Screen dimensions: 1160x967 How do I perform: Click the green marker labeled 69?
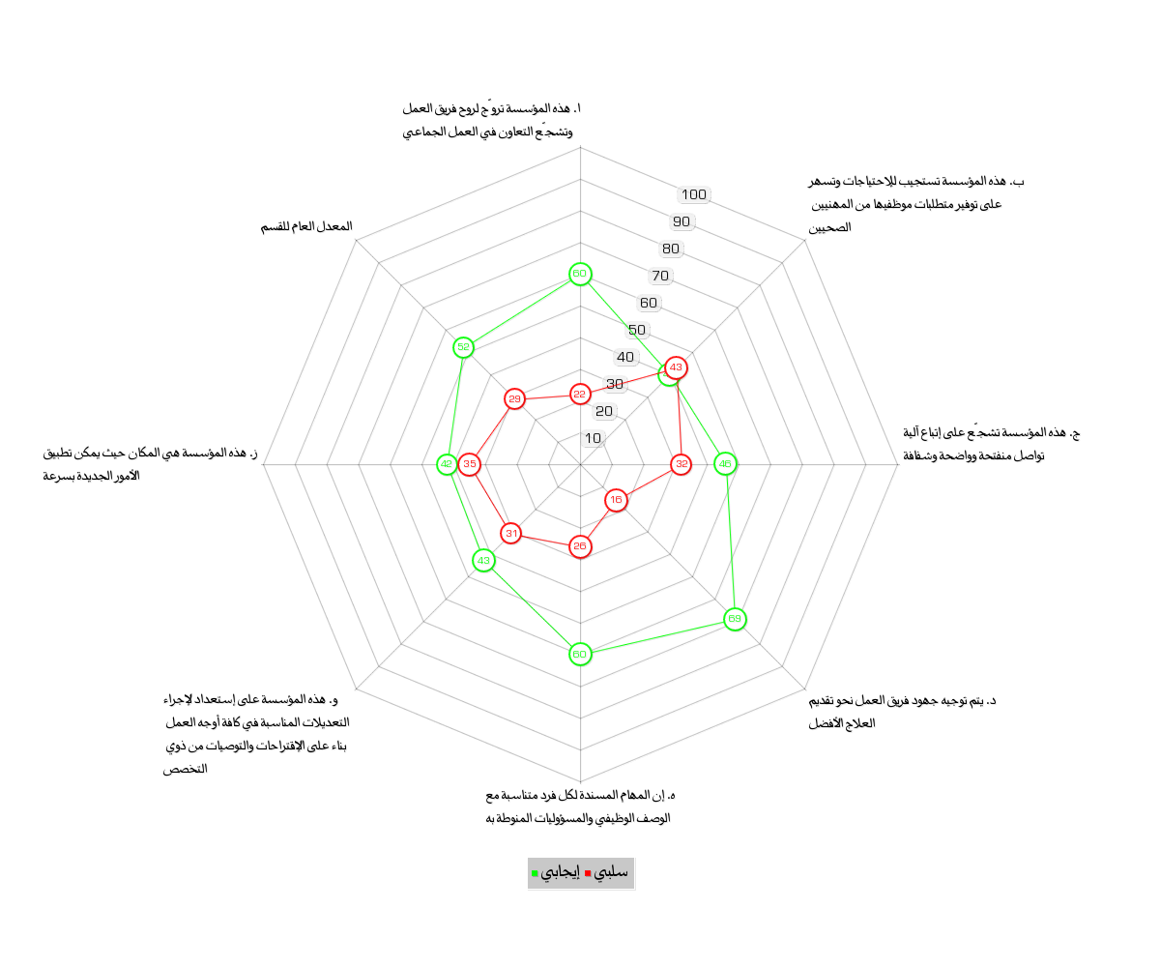point(735,619)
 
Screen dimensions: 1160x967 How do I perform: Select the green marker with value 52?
point(463,347)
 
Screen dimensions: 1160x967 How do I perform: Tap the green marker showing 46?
point(725,463)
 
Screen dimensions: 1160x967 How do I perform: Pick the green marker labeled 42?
point(448,463)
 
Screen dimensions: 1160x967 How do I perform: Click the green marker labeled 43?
point(484,560)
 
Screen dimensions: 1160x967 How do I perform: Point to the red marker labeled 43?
point(676,367)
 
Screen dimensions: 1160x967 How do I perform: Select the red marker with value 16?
point(616,500)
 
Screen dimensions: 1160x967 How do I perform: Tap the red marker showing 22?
point(580,394)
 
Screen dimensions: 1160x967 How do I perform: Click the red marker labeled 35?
point(470,463)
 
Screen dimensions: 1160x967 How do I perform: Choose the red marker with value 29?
point(515,398)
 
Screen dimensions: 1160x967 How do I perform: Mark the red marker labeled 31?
point(511,533)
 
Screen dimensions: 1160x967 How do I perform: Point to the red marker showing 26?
point(580,546)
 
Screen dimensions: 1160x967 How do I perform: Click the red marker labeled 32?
point(681,463)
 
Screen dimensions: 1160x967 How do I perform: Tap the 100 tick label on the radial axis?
point(694,194)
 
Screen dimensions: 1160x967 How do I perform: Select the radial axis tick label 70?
point(660,276)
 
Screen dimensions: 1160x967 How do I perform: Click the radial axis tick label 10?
point(593,438)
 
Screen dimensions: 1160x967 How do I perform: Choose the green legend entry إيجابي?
point(556,872)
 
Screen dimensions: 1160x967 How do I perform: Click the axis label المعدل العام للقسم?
point(306,226)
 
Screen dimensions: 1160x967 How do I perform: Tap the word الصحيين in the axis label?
point(829,227)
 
